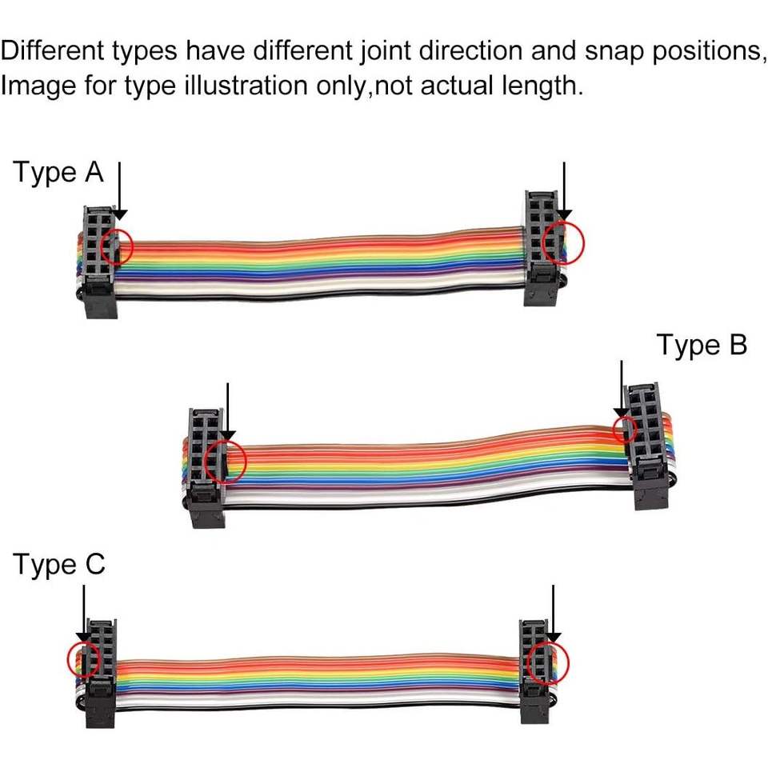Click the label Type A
58,173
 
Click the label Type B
702,345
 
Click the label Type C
58,565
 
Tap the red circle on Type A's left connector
120,246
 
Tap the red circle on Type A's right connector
562,242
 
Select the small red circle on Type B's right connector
624,430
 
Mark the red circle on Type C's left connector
83,658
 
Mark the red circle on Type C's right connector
549,662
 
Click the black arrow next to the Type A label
119,192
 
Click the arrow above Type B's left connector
227,412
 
